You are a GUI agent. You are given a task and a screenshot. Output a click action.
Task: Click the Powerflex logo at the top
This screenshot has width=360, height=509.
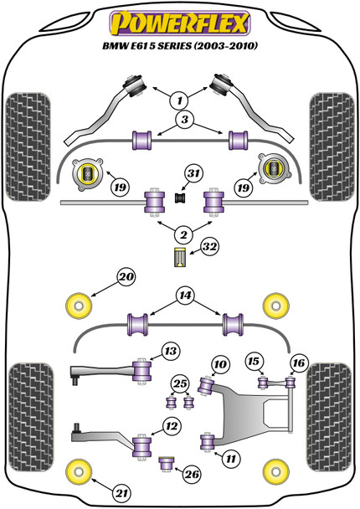click(180, 23)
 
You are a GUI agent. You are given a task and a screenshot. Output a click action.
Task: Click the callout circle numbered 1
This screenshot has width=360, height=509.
click(179, 100)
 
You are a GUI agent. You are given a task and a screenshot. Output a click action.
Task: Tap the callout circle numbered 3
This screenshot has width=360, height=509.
click(184, 120)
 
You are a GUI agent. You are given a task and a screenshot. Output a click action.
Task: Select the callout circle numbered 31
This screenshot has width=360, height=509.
click(193, 173)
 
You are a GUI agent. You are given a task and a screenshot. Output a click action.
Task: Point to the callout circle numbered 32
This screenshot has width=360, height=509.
click(209, 247)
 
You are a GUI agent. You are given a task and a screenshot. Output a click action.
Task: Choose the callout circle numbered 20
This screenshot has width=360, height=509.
click(126, 276)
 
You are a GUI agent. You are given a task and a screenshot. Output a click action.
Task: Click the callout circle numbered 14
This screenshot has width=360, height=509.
click(185, 296)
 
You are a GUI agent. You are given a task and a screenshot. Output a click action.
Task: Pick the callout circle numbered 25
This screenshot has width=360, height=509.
click(180, 384)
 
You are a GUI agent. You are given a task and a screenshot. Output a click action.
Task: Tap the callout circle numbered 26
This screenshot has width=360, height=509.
click(192, 475)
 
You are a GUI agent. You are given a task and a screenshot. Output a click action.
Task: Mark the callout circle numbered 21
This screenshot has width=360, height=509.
click(121, 494)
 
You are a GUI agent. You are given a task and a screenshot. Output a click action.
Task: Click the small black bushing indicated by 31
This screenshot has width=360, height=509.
click(179, 198)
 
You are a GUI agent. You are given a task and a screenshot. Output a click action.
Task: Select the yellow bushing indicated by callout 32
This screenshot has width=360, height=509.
click(180, 257)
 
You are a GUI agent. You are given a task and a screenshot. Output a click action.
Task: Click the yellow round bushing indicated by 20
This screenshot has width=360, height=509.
click(79, 306)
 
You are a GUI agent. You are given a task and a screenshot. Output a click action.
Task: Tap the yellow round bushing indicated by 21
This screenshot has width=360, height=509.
click(79, 471)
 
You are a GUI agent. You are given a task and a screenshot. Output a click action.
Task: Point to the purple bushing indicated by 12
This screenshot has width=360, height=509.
click(142, 447)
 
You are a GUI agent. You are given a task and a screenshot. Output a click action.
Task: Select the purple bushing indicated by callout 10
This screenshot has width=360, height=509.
click(207, 386)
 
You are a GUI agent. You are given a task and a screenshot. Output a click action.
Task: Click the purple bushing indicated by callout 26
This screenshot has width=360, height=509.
click(167, 465)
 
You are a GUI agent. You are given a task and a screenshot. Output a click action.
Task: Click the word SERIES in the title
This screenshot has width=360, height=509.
click(175, 46)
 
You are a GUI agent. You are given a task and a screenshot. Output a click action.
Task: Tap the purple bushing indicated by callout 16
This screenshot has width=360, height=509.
click(291, 383)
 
